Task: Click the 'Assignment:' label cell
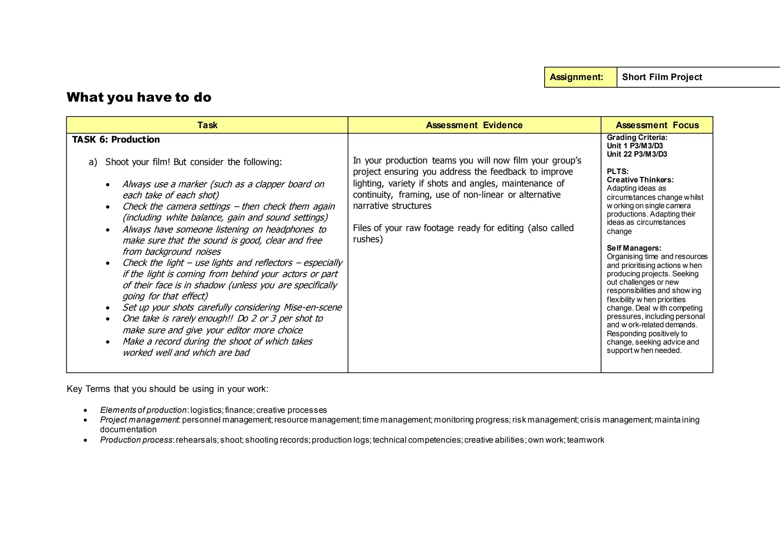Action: [x=576, y=77]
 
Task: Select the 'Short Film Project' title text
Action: [x=662, y=77]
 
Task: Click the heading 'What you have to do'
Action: [x=139, y=98]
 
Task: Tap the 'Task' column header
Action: [x=207, y=125]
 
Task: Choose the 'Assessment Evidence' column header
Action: [x=474, y=125]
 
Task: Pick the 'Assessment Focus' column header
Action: [x=657, y=125]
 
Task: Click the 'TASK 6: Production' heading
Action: [x=116, y=140]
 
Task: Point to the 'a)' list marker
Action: [x=93, y=162]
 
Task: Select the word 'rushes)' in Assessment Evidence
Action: [x=368, y=239]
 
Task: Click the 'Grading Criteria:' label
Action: [x=637, y=137]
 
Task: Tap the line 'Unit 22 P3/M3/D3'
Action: [x=637, y=154]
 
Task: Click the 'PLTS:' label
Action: [x=617, y=172]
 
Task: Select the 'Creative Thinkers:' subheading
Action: [x=640, y=180]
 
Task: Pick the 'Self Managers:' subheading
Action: [x=634, y=248]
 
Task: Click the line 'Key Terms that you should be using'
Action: [x=167, y=389]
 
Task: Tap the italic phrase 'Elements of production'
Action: [x=143, y=410]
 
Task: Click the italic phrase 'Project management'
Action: [x=139, y=420]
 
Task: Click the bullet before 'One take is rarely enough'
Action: [x=108, y=319]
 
